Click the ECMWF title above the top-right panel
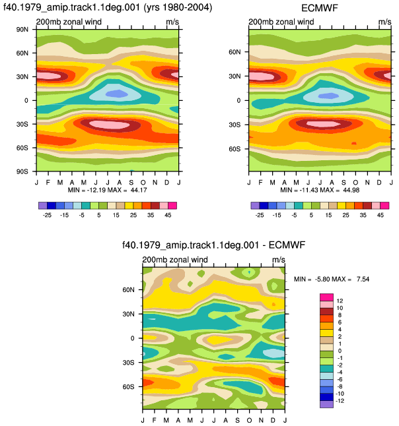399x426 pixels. coord(320,8)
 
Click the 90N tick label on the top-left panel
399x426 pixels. coord(22,29)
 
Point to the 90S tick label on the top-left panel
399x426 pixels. coord(22,171)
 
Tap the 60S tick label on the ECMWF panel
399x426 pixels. coord(235,149)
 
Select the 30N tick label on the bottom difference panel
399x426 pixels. coord(128,314)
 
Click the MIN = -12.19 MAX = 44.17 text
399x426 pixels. coord(107,190)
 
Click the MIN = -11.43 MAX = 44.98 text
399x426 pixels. coord(320,190)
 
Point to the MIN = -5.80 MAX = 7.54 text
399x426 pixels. coord(332,279)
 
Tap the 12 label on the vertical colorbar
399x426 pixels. coord(340,301)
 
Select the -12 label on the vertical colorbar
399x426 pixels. coord(340,401)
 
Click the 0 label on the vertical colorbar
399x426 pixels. coord(340,351)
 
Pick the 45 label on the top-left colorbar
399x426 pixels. coord(168,215)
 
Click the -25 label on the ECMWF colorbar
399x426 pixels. coord(260,215)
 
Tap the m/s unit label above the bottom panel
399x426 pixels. coord(278,260)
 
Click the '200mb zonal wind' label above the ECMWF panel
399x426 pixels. coord(281,22)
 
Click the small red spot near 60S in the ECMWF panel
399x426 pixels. coord(354,143)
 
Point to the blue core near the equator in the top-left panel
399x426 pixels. coord(116,94)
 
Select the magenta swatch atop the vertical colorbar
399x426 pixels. coord(326,297)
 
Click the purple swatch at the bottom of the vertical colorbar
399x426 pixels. coord(326,404)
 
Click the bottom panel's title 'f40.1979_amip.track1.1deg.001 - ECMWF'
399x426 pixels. coord(213,245)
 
